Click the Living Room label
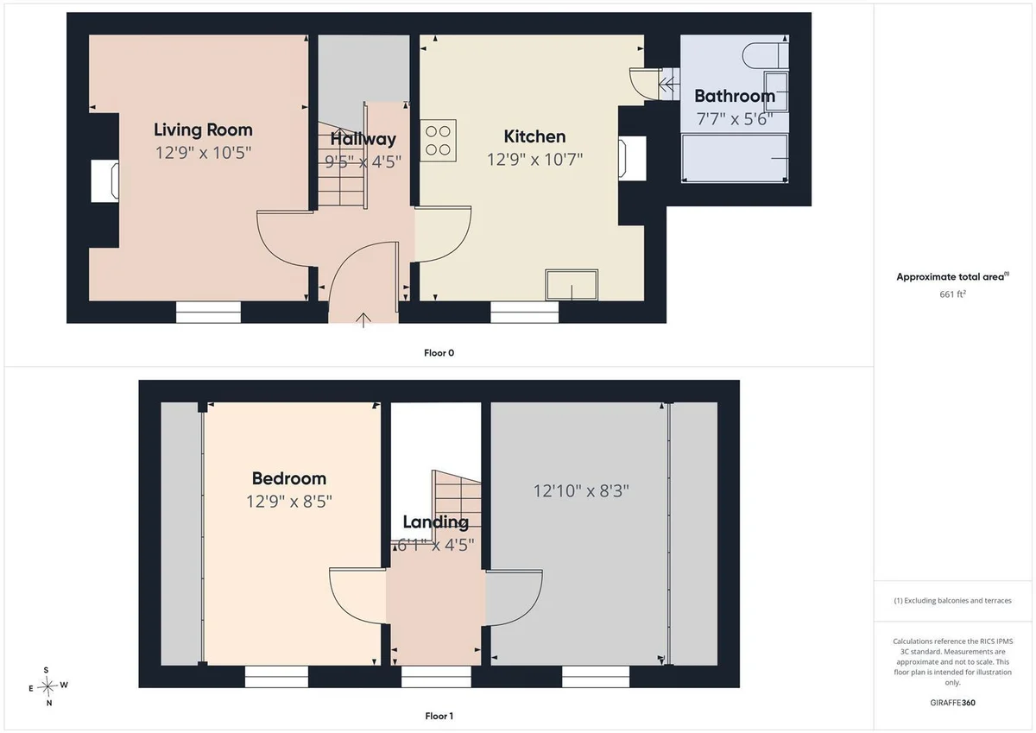[203, 130]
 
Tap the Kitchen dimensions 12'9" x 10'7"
[534, 160]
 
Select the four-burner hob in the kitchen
[438, 141]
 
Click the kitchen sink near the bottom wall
[572, 285]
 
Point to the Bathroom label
[735, 96]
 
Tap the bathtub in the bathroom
[735, 158]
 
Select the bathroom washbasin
[776, 92]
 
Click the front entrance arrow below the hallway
[363, 320]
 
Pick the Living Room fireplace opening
[105, 180]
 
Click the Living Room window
[209, 313]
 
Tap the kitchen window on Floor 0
[525, 313]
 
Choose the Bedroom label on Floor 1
[289, 478]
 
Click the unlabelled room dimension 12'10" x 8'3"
[581, 490]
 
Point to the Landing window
[436, 677]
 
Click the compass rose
[47, 686]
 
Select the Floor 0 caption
[439, 353]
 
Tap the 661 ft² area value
[952, 294]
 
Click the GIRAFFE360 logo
[953, 703]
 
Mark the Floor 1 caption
[439, 716]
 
